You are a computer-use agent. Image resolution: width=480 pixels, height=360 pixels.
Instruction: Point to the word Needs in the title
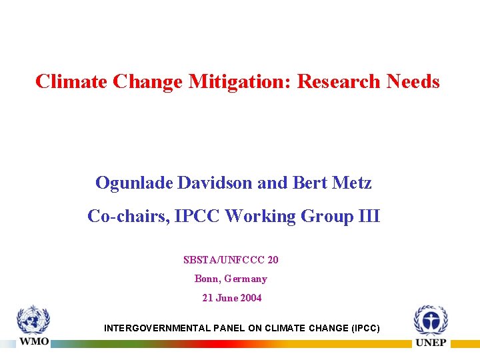tap(413, 82)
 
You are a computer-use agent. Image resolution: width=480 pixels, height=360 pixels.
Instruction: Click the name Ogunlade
tap(134, 183)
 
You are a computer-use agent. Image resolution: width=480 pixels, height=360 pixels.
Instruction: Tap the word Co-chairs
tap(127, 217)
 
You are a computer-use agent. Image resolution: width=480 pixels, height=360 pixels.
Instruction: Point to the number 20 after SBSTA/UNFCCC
tap(273, 259)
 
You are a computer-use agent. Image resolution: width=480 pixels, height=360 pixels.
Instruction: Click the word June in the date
tap(226, 298)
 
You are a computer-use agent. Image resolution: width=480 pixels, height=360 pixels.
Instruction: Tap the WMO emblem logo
tap(33, 320)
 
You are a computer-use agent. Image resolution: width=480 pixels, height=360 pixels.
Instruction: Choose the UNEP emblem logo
tap(431, 321)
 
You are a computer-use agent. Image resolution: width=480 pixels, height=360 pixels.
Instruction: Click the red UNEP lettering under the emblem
tap(431, 343)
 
